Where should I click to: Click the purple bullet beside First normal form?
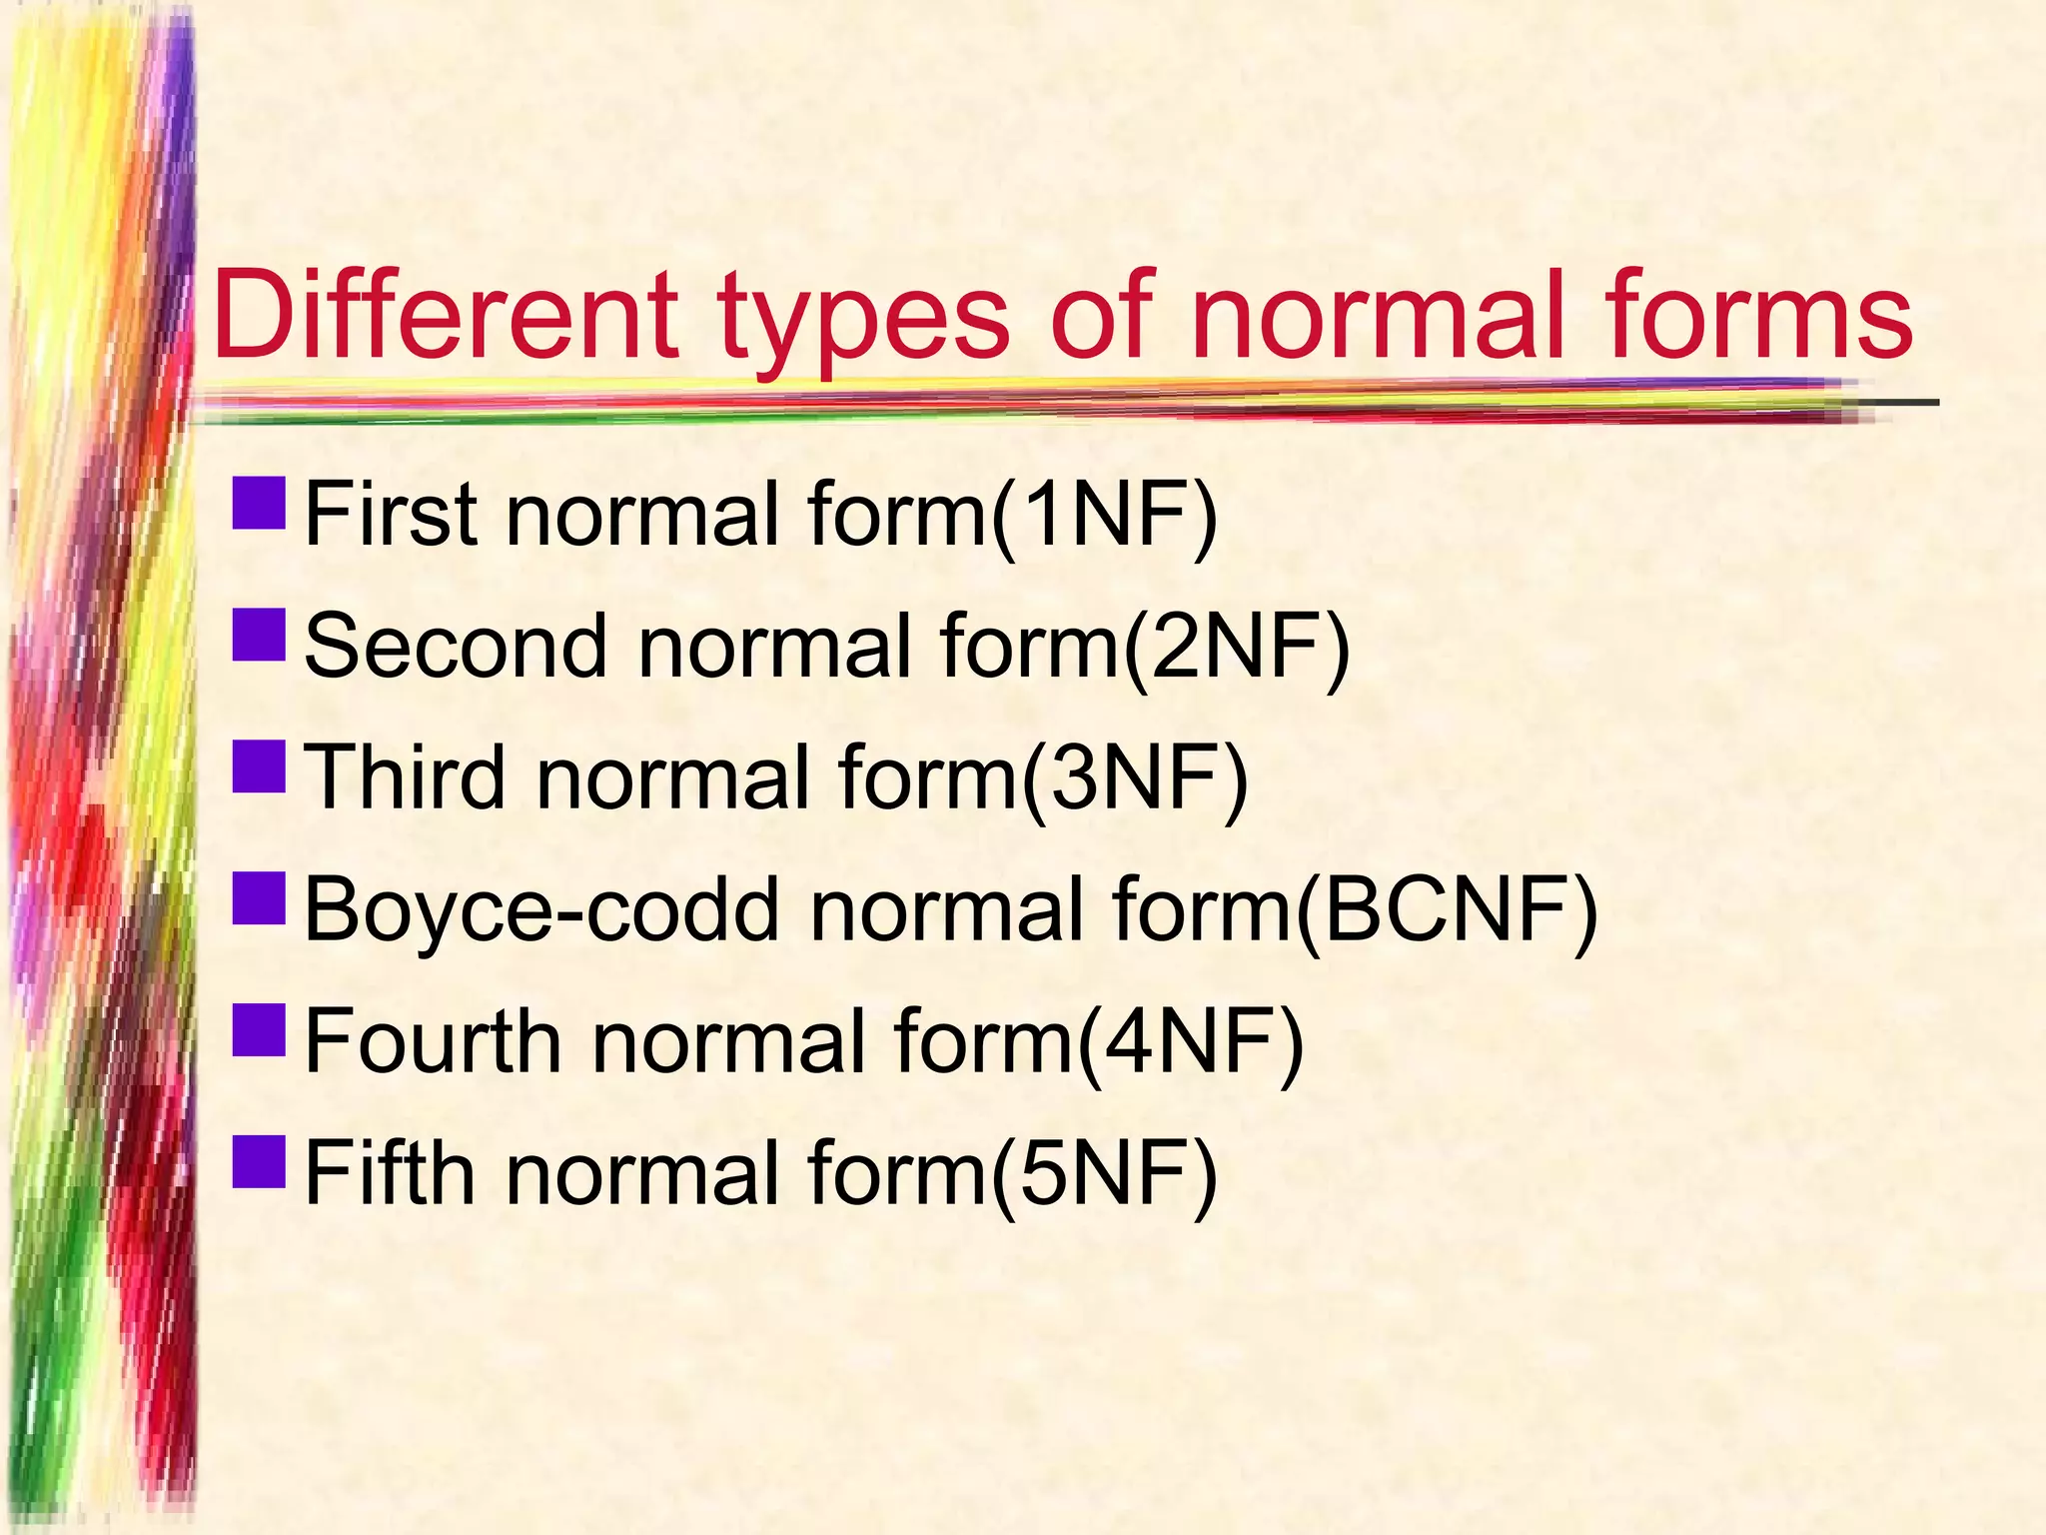[259, 503]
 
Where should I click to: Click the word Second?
[455, 646]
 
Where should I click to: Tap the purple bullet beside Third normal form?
[259, 766]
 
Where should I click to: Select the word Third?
[404, 776]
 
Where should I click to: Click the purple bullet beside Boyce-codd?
[259, 897]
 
